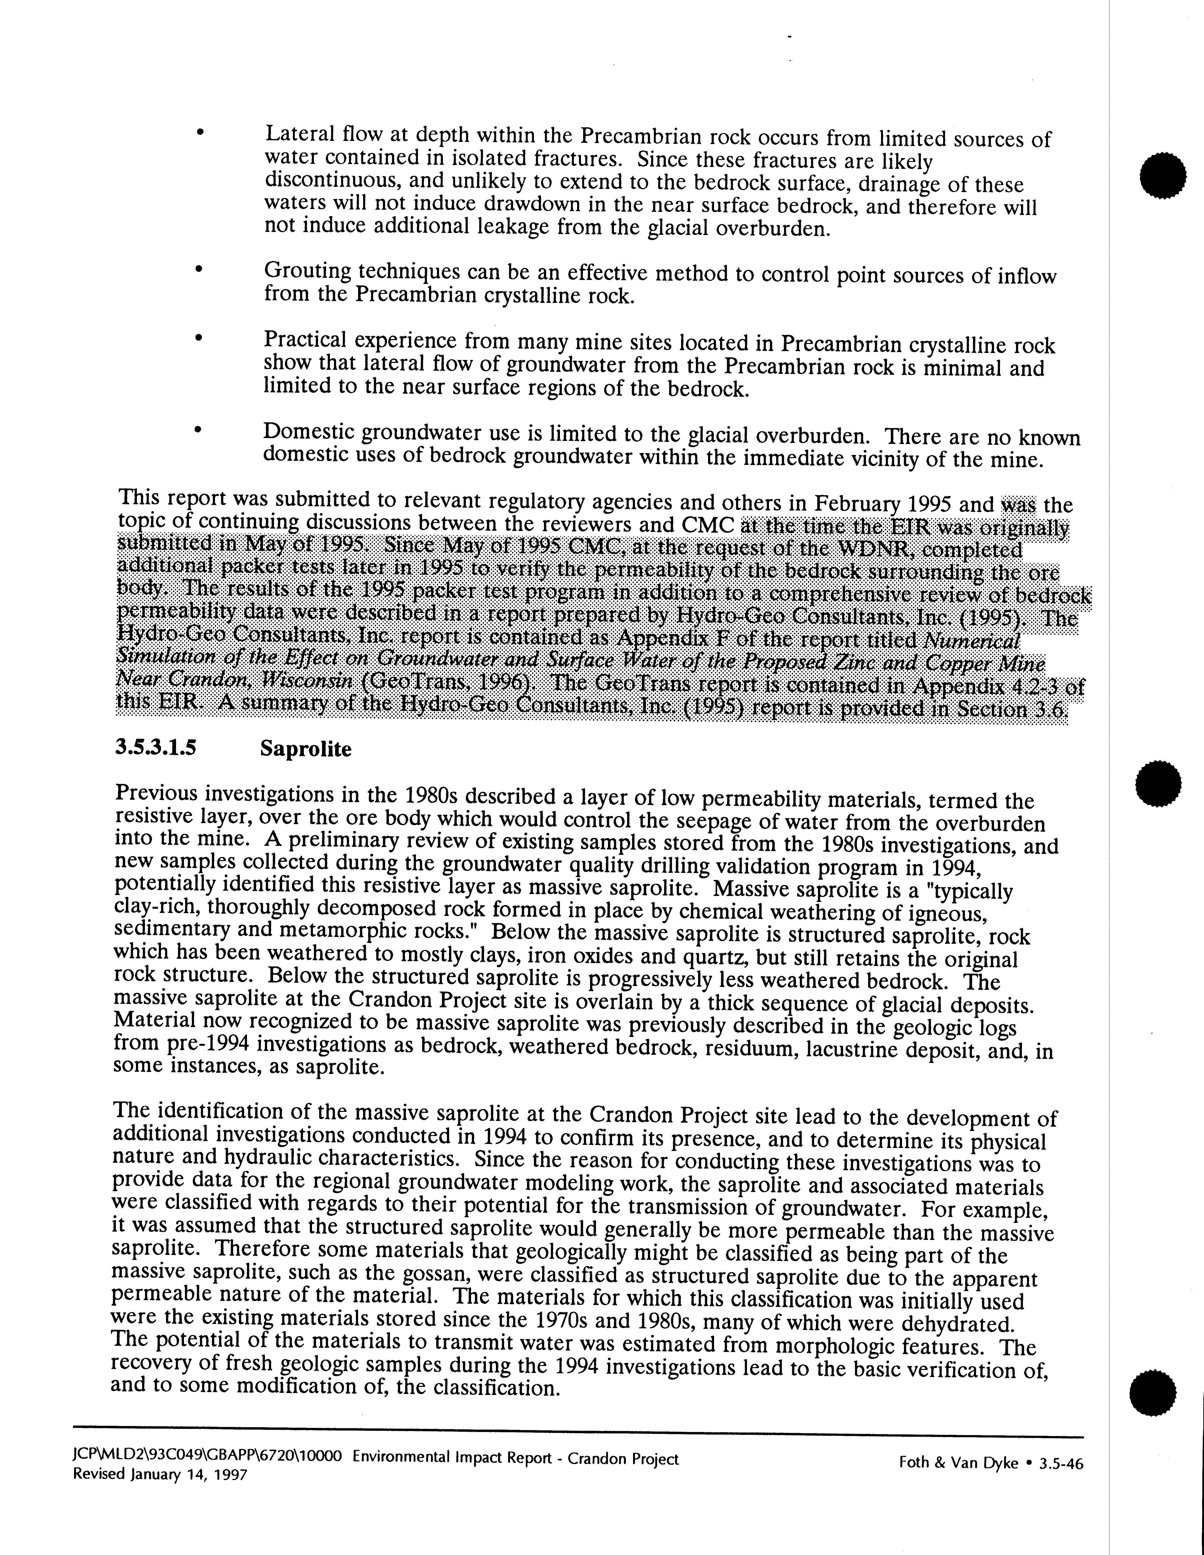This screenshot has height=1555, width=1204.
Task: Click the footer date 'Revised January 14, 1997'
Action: (x=160, y=1475)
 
